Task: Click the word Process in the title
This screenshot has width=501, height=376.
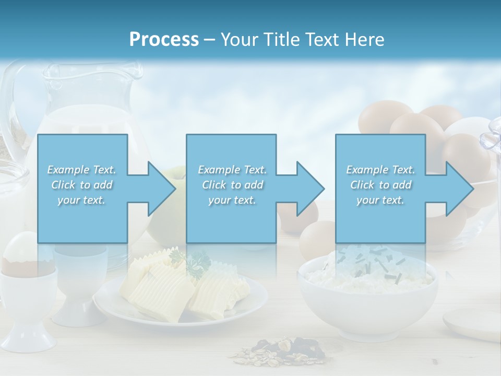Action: pyautogui.click(x=164, y=40)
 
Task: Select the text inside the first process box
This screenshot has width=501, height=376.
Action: pyautogui.click(x=81, y=185)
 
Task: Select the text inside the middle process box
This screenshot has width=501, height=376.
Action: pyautogui.click(x=232, y=185)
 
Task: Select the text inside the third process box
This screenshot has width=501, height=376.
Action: pyautogui.click(x=380, y=185)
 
